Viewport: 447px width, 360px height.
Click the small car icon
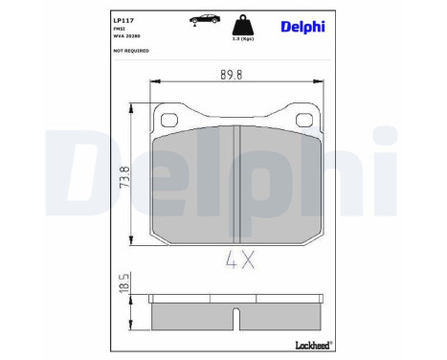pyautogui.click(x=204, y=18)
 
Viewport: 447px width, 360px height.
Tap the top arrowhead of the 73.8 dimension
pyautogui.click(x=130, y=107)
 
